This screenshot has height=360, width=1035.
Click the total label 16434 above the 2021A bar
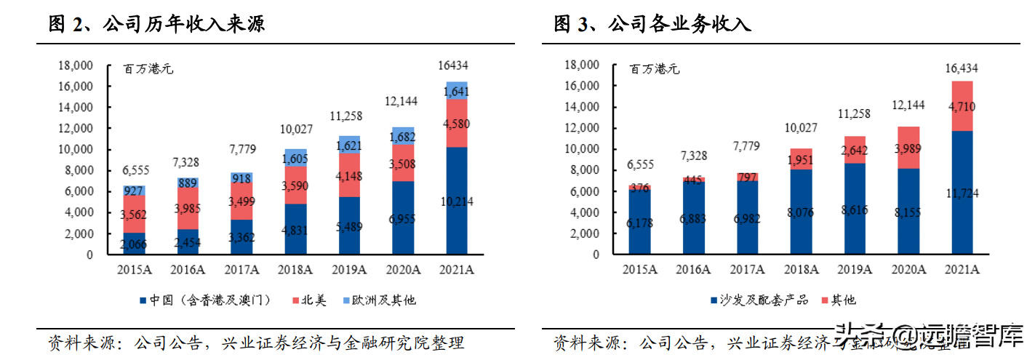456,65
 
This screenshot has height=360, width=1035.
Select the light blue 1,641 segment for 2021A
456,91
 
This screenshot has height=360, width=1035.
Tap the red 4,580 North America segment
456,123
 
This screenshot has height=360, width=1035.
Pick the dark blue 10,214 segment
456,201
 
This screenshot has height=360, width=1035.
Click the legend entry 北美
311,300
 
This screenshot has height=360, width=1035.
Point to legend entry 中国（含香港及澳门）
202,300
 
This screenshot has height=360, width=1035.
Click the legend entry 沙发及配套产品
756,300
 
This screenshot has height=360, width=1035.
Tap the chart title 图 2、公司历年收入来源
156,24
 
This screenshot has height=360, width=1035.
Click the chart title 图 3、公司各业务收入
652,24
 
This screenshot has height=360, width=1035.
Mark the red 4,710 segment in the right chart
962,106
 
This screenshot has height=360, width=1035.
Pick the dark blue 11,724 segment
962,193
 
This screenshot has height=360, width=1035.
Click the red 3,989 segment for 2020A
908,148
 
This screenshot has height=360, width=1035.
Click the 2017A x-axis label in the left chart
241,270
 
